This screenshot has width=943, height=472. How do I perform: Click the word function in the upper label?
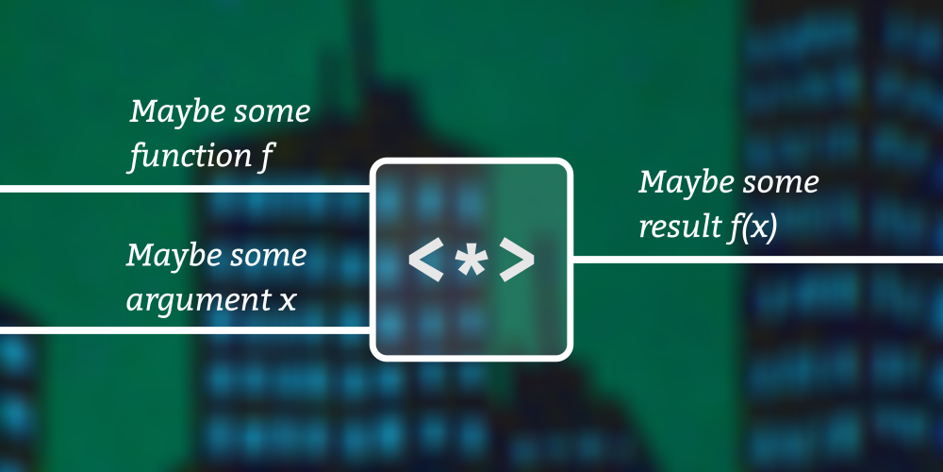click(190, 157)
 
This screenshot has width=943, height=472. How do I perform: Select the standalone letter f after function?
click(266, 158)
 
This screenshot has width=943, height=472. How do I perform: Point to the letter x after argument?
click(288, 301)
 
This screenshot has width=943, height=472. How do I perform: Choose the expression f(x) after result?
click(749, 228)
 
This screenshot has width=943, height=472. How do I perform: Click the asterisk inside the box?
click(471, 261)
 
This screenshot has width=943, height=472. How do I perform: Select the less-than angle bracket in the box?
click(426, 261)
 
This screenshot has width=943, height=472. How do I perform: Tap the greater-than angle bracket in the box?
click(517, 261)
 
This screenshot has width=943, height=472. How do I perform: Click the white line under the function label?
click(185, 189)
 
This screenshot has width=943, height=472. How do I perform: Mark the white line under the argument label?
click(185, 330)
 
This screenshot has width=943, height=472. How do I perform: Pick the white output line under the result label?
click(757, 260)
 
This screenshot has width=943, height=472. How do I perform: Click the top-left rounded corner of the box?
click(374, 163)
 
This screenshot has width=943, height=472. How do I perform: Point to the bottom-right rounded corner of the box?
click(568, 356)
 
